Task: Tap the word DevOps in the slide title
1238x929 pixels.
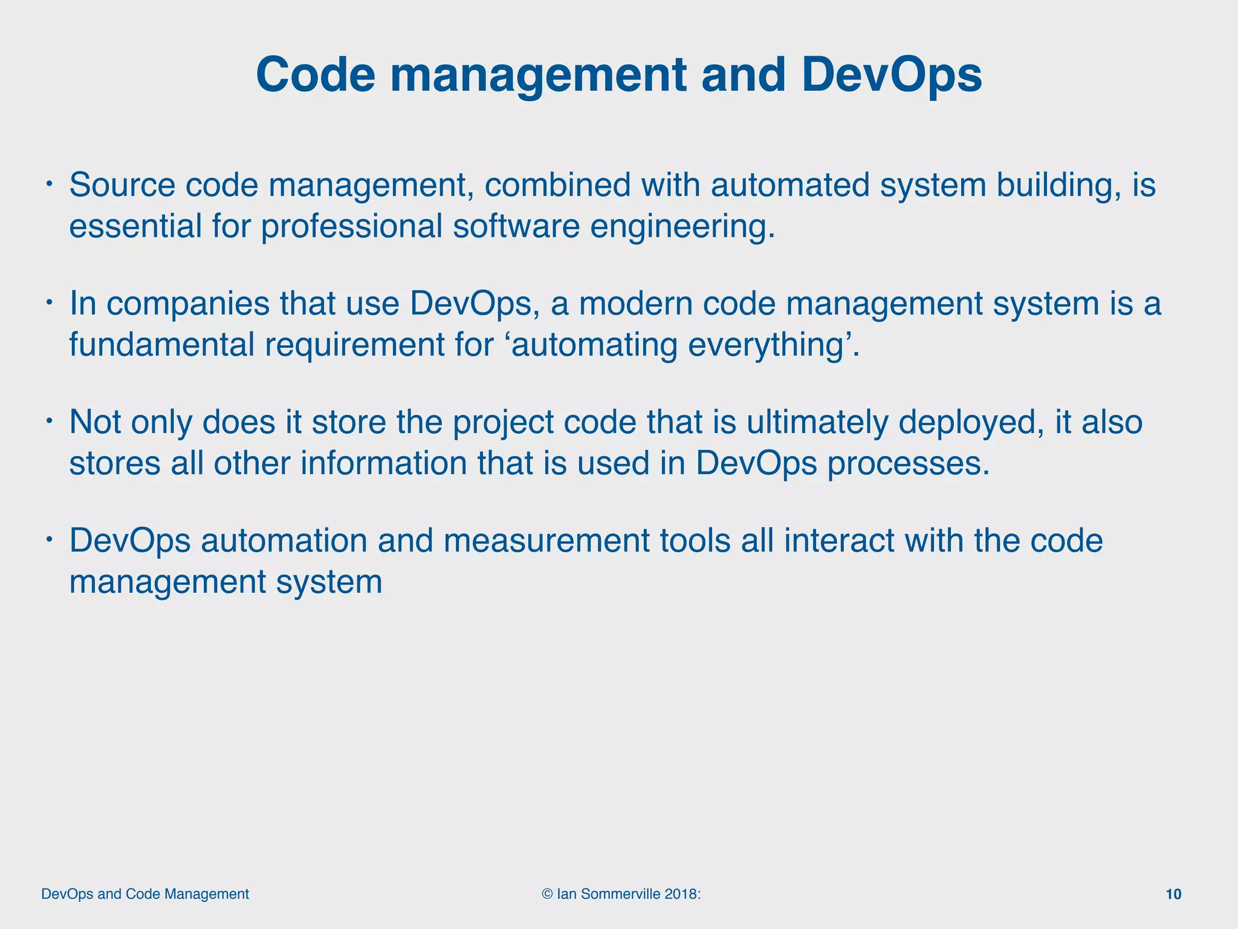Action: (892, 75)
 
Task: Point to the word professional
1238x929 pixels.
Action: (352, 227)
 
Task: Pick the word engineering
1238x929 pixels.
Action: (682, 227)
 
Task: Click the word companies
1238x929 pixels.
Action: (188, 304)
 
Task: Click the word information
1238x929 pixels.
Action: (383, 463)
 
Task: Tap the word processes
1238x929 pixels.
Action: (908, 464)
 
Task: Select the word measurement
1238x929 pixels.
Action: (546, 540)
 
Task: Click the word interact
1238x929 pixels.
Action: (839, 540)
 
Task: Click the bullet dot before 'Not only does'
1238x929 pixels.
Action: (51, 419)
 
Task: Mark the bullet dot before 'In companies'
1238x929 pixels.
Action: (51, 301)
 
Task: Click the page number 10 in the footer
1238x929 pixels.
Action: (1173, 894)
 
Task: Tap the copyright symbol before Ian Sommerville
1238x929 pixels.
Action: (548, 894)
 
